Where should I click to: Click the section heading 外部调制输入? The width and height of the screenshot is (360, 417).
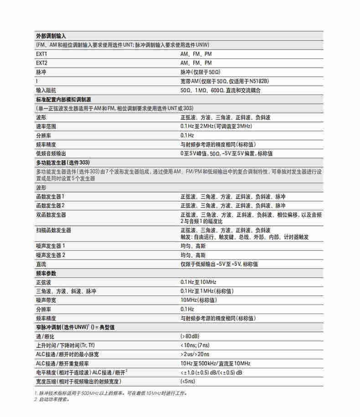(x=51, y=36)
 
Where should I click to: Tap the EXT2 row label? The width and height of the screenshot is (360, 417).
(x=42, y=63)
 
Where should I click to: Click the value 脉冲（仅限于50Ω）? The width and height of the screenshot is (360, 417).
(x=201, y=72)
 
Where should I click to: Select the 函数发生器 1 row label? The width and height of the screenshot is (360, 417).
(x=50, y=197)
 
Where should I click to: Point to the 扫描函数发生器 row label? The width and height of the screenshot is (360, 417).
(x=53, y=230)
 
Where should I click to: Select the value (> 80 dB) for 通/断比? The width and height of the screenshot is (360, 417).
(x=190, y=336)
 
